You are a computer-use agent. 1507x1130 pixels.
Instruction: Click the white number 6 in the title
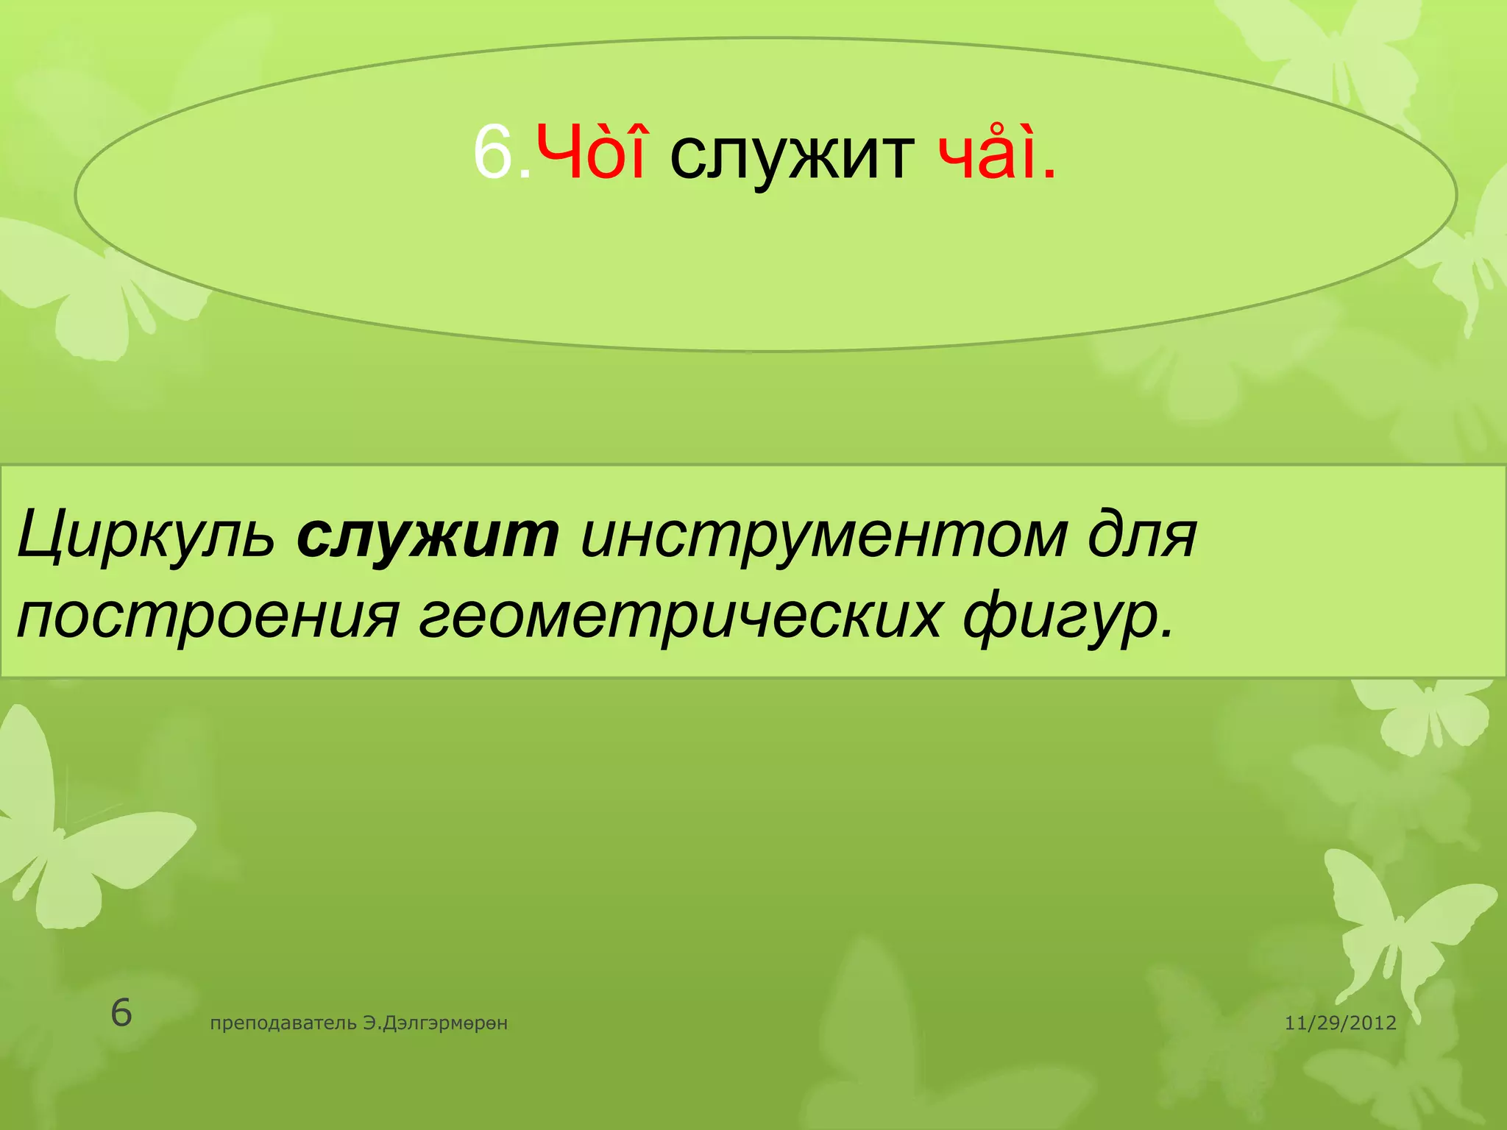click(493, 153)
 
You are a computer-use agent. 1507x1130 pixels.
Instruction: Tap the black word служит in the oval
click(792, 156)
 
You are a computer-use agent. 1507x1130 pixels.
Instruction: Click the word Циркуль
click(146, 536)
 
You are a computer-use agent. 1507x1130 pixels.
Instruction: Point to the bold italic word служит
click(428, 534)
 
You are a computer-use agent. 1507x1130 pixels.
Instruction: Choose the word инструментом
click(823, 536)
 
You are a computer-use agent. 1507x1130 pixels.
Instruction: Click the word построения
click(208, 616)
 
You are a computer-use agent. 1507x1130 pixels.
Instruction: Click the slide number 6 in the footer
click(121, 1013)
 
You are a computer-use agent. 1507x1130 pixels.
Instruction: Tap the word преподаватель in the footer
click(284, 1023)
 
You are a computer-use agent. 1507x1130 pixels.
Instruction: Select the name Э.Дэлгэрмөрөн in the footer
click(435, 1023)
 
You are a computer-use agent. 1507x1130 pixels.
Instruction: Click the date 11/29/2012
click(1340, 1023)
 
